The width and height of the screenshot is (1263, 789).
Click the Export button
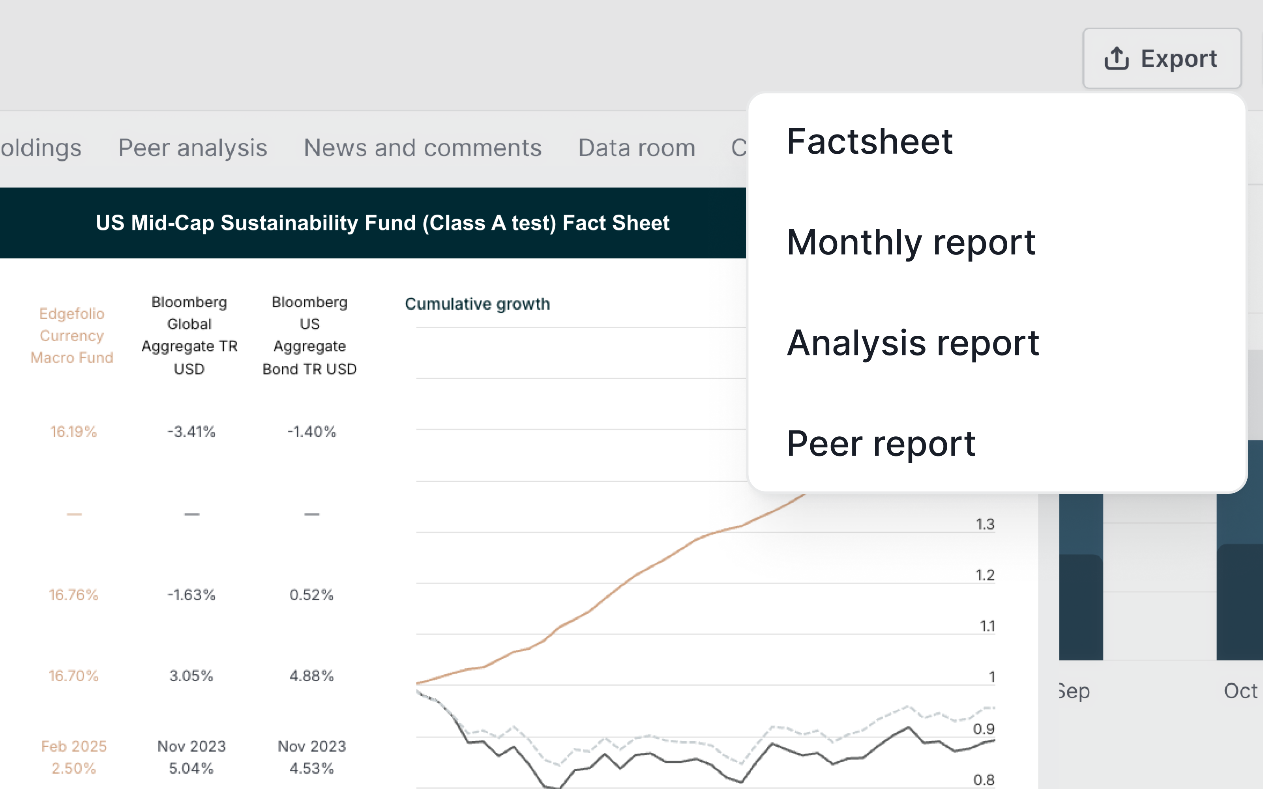pos(1161,58)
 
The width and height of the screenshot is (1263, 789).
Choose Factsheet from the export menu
pos(869,142)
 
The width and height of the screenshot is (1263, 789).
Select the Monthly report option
pos(911,243)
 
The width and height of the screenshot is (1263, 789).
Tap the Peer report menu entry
pos(881,444)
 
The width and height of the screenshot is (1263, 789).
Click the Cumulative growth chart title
pos(477,304)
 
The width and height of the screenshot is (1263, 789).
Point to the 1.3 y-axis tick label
pos(985,524)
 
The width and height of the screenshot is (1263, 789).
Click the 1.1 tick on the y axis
pos(987,626)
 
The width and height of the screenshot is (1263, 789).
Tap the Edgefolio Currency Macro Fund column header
pos(72,336)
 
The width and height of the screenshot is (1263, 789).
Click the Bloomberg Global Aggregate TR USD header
pos(189,336)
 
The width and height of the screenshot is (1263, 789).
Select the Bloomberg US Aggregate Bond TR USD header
pos(309,336)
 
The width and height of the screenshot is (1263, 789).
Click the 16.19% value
pos(73,432)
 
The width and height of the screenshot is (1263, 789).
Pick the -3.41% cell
pos(191,432)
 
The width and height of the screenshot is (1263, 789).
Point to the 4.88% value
pos(311,676)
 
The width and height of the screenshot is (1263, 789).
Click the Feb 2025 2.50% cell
pos(73,757)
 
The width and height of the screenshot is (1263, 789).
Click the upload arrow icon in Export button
pos(1116,58)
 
